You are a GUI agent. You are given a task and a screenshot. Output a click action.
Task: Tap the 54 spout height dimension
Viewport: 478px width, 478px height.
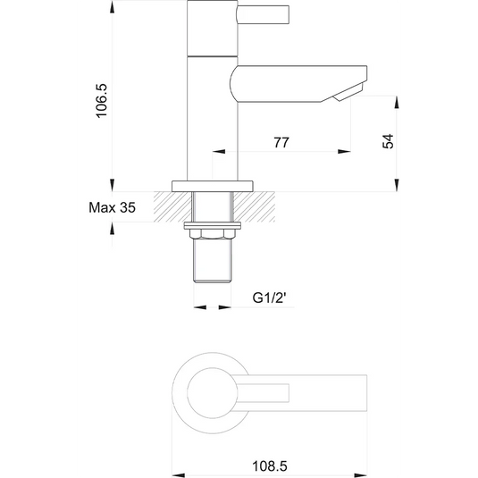388,142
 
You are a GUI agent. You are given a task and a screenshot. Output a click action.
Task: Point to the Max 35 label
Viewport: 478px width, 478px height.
113,207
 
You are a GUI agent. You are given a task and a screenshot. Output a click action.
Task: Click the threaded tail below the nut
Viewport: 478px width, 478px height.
214,261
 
